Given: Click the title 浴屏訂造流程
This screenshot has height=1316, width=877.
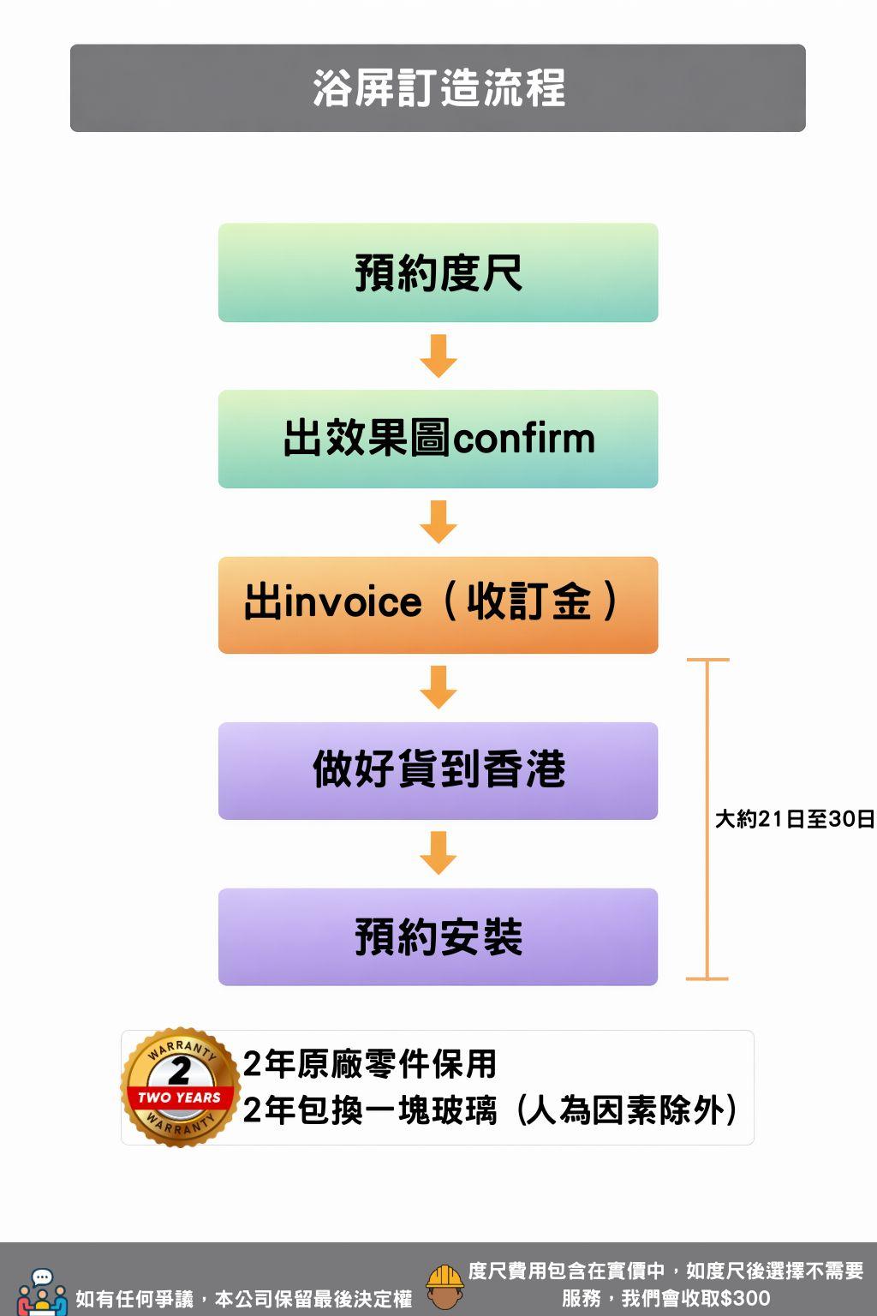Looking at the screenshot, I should click(x=438, y=88).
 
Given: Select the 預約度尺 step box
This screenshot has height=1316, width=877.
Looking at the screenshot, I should click(x=438, y=273).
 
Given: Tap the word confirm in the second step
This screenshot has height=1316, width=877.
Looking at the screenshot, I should click(x=523, y=439).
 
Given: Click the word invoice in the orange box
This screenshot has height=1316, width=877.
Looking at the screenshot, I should click(x=352, y=602).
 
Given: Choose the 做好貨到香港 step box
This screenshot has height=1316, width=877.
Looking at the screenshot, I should click(x=438, y=770).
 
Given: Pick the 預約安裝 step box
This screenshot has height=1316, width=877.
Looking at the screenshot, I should click(x=438, y=936).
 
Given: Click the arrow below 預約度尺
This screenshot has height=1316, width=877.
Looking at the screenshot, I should click(x=438, y=356).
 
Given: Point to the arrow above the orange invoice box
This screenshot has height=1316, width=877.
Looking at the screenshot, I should click(x=438, y=522).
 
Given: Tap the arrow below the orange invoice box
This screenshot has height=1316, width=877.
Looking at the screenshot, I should click(x=438, y=687).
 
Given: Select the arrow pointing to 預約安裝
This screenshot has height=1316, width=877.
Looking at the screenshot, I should click(x=438, y=852).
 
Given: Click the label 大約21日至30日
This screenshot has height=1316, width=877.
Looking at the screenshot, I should click(x=795, y=820).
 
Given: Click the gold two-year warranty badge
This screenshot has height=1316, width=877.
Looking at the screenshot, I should click(x=180, y=1086).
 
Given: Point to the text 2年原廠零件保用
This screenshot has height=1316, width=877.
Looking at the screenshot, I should click(x=369, y=1064).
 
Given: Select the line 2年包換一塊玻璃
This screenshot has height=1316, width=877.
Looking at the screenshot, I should click(x=369, y=1111).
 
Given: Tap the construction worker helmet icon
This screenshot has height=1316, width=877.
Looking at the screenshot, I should click(x=444, y=1287).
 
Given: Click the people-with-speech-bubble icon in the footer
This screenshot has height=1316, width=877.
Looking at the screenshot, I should click(x=42, y=1292).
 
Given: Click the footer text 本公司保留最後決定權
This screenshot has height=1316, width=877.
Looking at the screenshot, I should click(x=313, y=1300).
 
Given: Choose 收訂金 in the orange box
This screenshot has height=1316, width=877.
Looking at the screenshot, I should click(x=528, y=602).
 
